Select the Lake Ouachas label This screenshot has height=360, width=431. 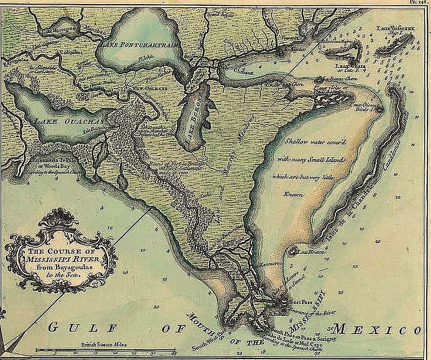68,122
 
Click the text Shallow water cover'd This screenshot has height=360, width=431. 316,142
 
